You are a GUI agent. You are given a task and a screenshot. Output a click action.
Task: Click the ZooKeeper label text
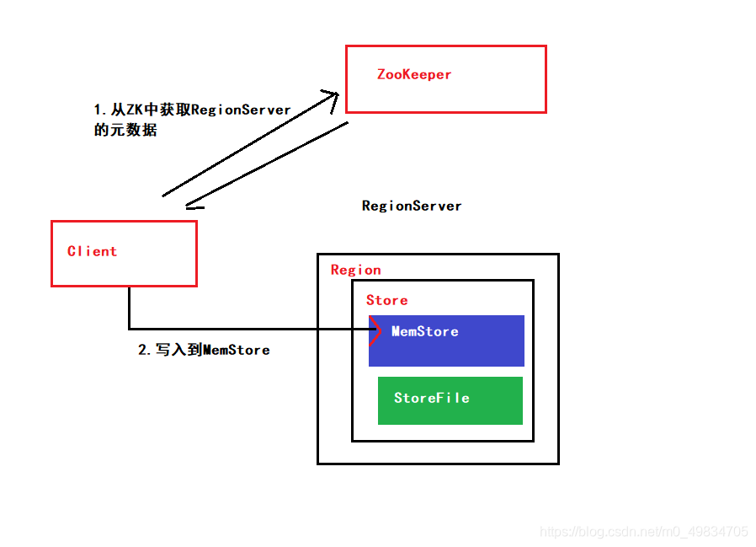click(x=414, y=74)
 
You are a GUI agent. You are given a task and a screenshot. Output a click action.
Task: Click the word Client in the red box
click(x=92, y=251)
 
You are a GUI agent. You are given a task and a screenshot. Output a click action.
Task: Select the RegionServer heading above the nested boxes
click(x=412, y=206)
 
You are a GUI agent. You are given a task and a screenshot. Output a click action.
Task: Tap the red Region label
click(x=355, y=270)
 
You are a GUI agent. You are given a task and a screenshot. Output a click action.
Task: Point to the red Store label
click(x=386, y=300)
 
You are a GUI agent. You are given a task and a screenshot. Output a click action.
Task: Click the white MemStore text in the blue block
click(x=425, y=331)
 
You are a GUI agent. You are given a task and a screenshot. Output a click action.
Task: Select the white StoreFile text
click(x=431, y=398)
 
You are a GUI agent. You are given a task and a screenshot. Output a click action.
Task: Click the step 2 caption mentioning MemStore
click(x=204, y=350)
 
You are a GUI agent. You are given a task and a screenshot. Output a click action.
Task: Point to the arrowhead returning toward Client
click(x=191, y=204)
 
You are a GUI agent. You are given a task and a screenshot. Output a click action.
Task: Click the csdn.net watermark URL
click(x=643, y=532)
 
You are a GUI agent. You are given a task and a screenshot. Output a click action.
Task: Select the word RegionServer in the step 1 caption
click(x=241, y=110)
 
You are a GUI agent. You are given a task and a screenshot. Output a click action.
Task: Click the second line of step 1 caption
click(x=125, y=131)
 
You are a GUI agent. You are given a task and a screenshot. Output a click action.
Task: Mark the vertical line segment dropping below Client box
click(x=129, y=307)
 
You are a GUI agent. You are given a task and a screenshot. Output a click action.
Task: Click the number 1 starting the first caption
click(x=98, y=110)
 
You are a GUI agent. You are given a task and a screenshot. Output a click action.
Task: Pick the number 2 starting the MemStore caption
click(x=142, y=350)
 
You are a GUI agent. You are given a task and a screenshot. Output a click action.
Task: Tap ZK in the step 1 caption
click(x=136, y=110)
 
